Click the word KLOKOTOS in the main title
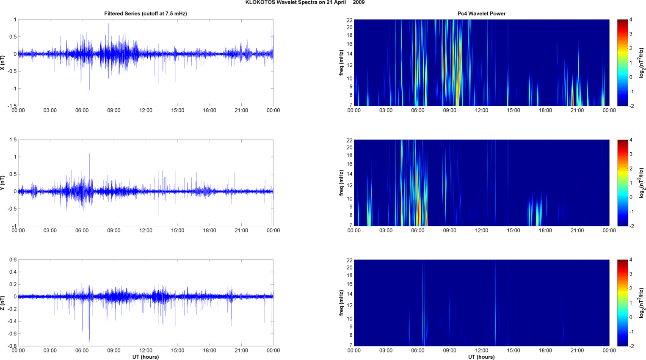260,3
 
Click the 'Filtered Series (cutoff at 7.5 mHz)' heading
146,14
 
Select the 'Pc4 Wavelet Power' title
481,14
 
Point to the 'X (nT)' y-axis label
3,63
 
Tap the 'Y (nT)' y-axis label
3,183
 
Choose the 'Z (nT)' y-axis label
3,303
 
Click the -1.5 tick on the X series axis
12,106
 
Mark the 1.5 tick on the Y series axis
13,140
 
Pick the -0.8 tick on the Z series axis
12,346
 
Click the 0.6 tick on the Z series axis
13,260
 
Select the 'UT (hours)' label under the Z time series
146,357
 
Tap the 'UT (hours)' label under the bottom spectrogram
481,357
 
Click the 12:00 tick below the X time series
146,110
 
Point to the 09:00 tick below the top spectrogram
450,110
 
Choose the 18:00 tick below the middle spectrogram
545,231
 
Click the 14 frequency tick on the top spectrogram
350,54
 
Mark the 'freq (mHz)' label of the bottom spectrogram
341,303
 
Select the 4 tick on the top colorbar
631,20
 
